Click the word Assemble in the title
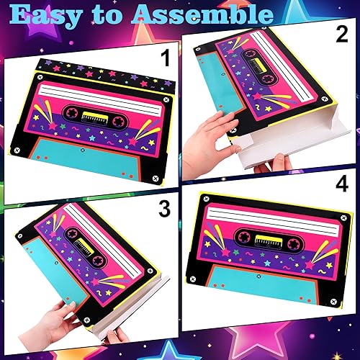[x=216, y=15]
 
